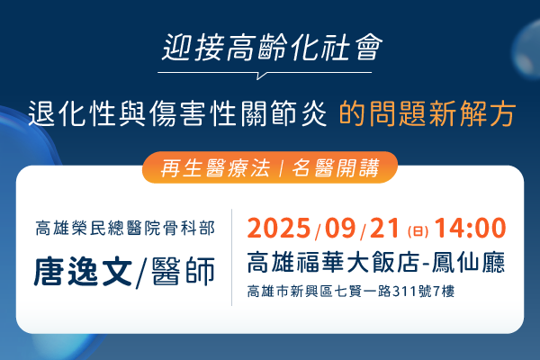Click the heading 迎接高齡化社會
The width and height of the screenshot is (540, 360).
coord(272,48)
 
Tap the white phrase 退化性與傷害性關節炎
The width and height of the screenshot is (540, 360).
coord(177,113)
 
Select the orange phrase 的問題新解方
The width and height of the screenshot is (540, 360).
coord(427,113)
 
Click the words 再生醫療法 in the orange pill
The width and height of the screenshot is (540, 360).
coord(215,167)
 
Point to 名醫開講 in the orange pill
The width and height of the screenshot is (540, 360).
coord(336,167)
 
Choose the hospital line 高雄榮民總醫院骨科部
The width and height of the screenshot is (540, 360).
coord(125,228)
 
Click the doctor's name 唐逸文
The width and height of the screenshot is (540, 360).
coord(83,272)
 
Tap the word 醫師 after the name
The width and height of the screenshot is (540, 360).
coord(184,272)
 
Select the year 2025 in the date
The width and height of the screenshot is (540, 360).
coord(279,228)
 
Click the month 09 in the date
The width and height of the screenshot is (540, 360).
coord(340,228)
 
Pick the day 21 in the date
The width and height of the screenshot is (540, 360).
coord(384,228)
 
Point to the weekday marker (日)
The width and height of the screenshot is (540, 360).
coord(418,231)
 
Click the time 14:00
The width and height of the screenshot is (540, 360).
coord(470,228)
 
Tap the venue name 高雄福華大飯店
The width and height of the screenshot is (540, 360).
coord(333,263)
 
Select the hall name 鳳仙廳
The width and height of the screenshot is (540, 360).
coord(468,263)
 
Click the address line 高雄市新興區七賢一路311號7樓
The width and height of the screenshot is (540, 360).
coord(351,292)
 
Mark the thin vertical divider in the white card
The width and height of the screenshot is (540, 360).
coord(232,257)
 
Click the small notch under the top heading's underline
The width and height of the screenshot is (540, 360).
coord(262,76)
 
